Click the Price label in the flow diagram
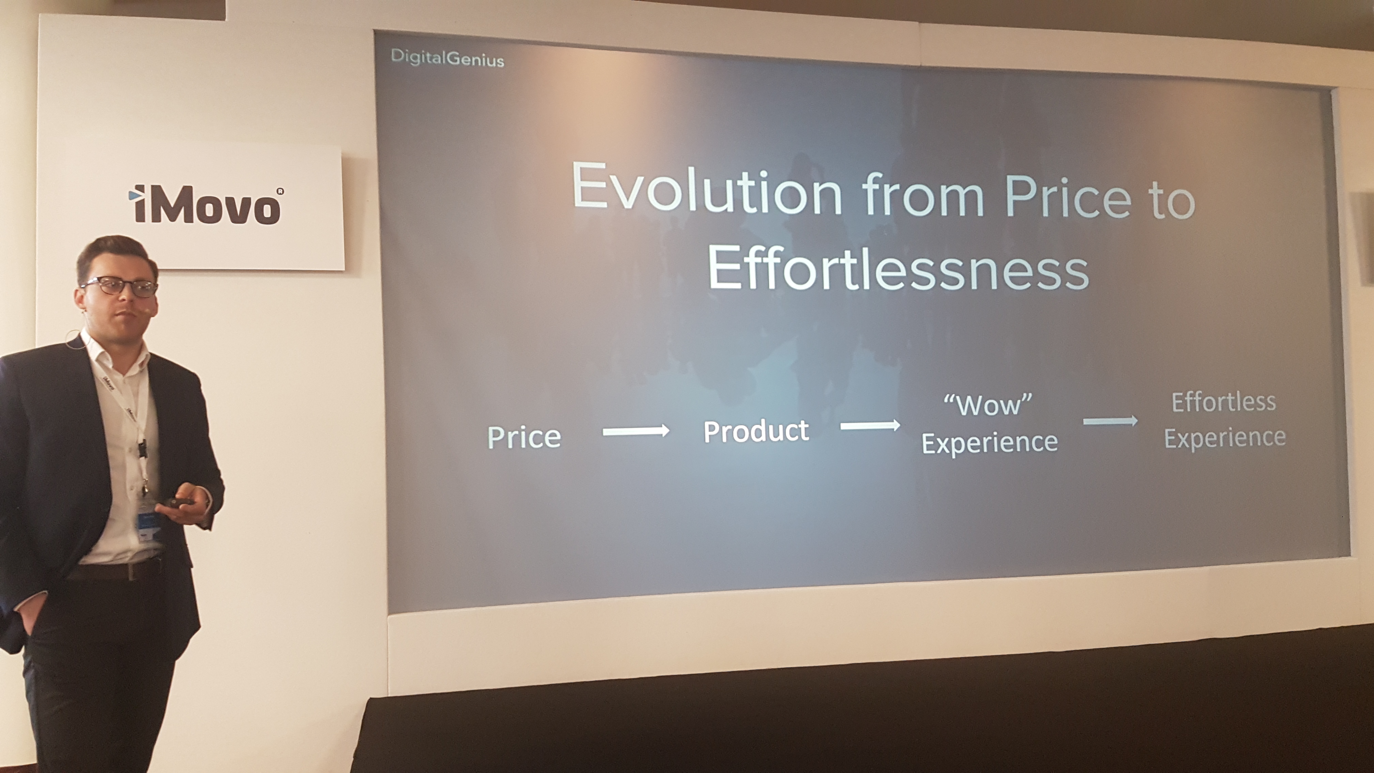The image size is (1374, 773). click(x=524, y=437)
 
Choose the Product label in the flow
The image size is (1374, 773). click(x=756, y=431)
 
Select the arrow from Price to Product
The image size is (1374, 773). click(x=636, y=431)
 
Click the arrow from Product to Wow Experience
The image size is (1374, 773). click(x=870, y=425)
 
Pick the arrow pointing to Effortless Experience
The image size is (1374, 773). click(x=1110, y=422)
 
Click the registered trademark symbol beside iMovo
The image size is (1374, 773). click(x=280, y=191)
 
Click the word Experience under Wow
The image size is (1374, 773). click(x=989, y=442)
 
